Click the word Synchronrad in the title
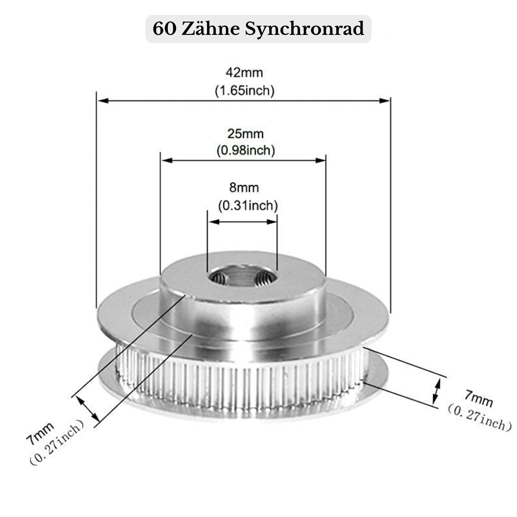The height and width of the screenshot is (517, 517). point(304,29)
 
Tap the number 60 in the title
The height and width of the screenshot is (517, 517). point(164,29)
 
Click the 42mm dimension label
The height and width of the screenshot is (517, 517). point(244,73)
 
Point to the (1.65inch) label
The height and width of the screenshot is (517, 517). point(244,90)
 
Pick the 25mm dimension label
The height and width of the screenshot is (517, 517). point(245,134)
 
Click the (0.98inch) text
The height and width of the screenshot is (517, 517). point(245,150)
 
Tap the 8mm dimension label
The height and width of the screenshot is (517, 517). point(244,188)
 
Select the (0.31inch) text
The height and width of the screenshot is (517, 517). point(248,205)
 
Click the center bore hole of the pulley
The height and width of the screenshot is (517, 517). point(242,277)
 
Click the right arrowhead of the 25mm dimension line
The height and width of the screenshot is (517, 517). point(321,160)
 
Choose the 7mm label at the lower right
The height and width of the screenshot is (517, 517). point(479,398)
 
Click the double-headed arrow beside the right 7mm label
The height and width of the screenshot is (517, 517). point(437,391)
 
